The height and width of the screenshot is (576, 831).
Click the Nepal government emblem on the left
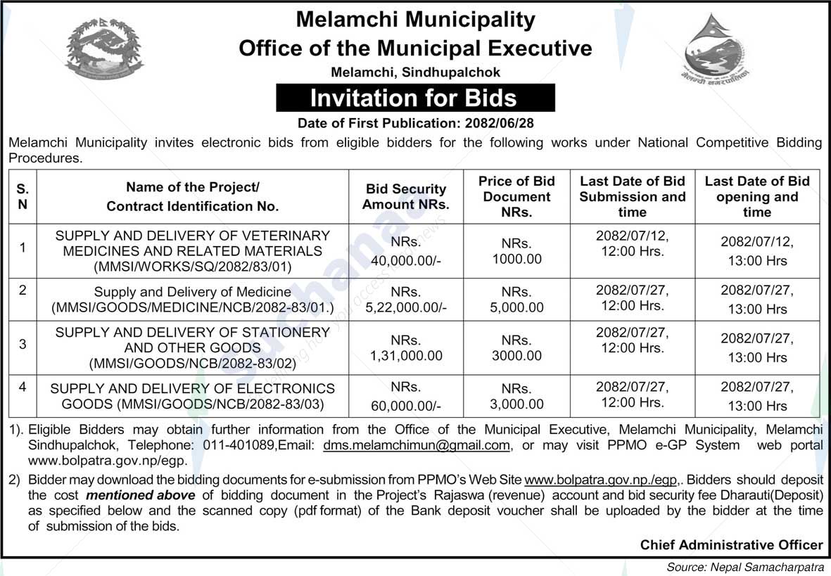click(x=104, y=49)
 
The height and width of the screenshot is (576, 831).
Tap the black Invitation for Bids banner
click(x=415, y=98)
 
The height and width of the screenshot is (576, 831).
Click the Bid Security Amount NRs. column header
click(x=406, y=196)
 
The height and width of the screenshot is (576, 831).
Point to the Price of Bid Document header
click(x=516, y=196)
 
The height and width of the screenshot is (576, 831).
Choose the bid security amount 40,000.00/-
click(x=406, y=259)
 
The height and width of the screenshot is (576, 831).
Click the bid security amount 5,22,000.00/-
click(x=406, y=307)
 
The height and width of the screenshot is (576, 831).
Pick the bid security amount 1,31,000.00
click(x=406, y=356)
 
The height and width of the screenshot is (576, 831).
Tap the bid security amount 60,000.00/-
click(x=406, y=404)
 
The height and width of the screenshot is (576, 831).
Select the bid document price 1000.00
click(x=516, y=259)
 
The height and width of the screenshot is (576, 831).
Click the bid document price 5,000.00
click(x=516, y=307)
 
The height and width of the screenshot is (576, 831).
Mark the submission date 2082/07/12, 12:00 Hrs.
click(x=632, y=243)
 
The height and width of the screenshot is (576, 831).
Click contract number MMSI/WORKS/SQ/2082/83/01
click(x=192, y=267)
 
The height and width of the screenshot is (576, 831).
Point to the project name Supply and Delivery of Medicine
click(x=192, y=291)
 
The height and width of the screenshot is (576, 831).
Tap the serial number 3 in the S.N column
click(x=23, y=344)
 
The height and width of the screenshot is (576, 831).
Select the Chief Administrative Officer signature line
click(x=731, y=544)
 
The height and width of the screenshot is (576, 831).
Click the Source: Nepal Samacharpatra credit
click(x=747, y=567)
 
